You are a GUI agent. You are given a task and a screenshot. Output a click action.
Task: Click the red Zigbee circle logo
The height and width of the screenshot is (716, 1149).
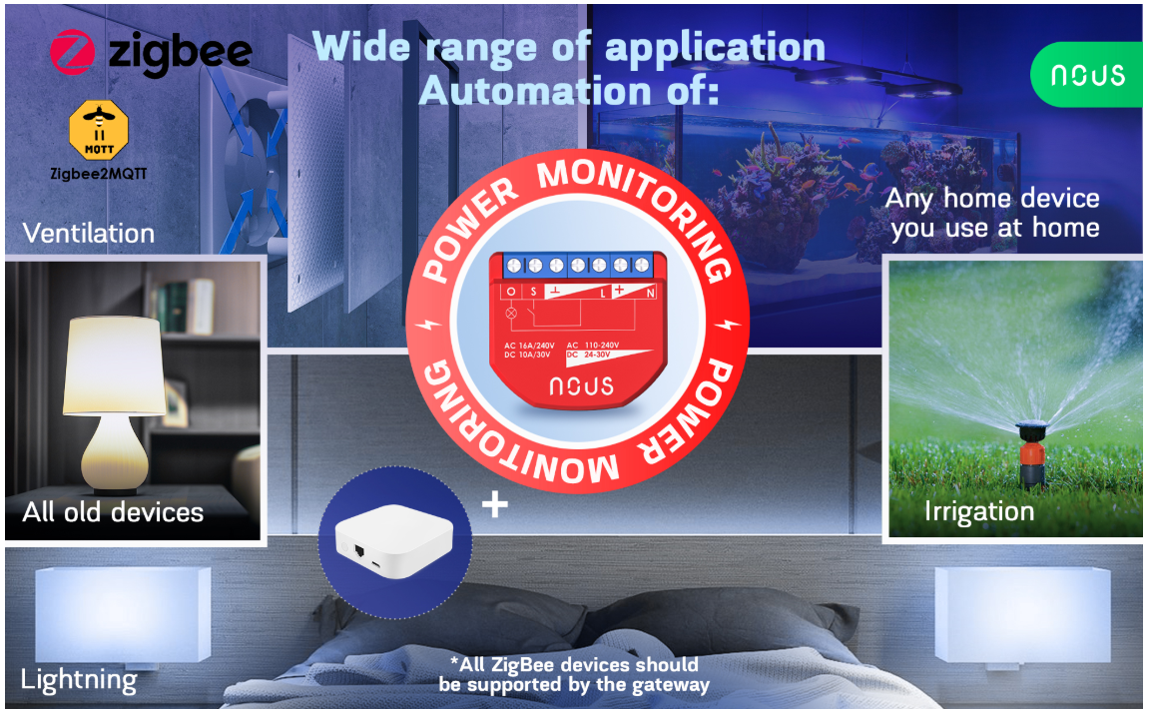click(x=73, y=52)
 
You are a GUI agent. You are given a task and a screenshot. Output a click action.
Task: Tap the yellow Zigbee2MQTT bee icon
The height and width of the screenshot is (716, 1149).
click(x=99, y=131)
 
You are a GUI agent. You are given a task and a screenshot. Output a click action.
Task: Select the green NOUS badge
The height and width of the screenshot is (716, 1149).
click(x=1087, y=75)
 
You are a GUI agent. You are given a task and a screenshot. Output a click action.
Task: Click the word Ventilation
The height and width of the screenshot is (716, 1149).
click(x=89, y=233)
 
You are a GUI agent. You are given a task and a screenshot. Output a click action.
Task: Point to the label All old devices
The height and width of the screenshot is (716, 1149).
click(x=113, y=511)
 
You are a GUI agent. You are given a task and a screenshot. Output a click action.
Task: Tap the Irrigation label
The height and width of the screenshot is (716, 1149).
click(x=979, y=511)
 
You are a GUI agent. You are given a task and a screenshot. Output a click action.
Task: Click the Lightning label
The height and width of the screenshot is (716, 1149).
click(x=79, y=680)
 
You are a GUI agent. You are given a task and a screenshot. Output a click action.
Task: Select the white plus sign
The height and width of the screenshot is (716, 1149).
click(x=494, y=504)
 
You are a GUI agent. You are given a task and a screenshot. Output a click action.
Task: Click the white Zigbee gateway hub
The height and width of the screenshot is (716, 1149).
click(x=393, y=541)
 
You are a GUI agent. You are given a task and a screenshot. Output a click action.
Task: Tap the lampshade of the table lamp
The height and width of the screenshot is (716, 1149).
click(x=114, y=365)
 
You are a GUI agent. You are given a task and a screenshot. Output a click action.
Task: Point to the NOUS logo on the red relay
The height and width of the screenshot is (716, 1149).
click(x=582, y=386)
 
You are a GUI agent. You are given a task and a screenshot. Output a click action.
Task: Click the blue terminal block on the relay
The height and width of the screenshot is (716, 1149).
click(x=577, y=265)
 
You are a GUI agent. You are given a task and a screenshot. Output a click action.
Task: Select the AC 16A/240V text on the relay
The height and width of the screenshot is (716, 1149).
click(x=529, y=346)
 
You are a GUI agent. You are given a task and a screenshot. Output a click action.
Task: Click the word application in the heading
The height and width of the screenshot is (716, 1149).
click(x=715, y=48)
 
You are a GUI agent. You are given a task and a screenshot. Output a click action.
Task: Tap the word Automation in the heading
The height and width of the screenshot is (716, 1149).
click(x=535, y=92)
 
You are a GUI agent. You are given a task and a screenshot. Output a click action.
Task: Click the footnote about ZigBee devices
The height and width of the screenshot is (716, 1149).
click(x=575, y=674)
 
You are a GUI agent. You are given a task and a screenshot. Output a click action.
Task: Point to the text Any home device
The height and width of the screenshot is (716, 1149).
click(x=992, y=199)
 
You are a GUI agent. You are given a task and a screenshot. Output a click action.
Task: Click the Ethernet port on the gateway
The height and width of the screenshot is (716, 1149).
click(x=359, y=550)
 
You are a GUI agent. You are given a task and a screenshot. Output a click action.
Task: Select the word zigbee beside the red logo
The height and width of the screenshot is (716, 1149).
click(x=180, y=53)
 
